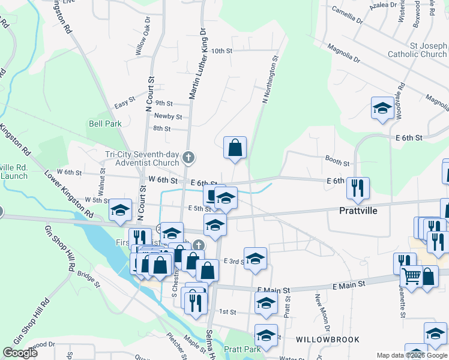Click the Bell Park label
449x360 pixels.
click(105, 124)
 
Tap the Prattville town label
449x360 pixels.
click(358, 211)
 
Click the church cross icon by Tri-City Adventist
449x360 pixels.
click(188, 158)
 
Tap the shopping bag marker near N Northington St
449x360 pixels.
click(235, 147)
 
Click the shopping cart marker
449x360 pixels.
click(411, 276)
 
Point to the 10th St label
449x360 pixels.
click(221, 51)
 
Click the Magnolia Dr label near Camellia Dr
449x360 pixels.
click(344, 54)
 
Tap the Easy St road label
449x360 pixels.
click(124, 104)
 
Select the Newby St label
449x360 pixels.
click(168, 116)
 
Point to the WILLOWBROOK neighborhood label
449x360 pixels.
click(319, 339)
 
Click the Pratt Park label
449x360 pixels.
click(242, 349)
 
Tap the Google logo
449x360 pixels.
click(20, 353)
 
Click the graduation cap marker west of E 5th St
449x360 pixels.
click(120, 209)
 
